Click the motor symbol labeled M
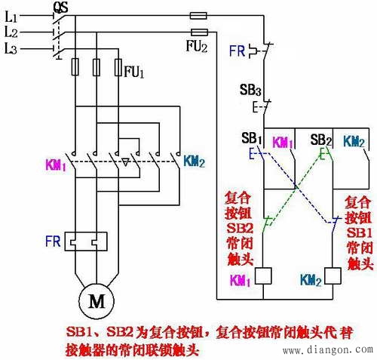pyautogui.click(x=97, y=302)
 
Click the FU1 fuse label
pyautogui.click(x=133, y=73)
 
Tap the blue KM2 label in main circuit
pyautogui.click(x=195, y=160)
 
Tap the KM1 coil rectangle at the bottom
pyautogui.click(x=264, y=275)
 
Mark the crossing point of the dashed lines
pyautogui.click(x=296, y=185)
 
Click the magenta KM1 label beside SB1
pyautogui.click(x=283, y=141)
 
